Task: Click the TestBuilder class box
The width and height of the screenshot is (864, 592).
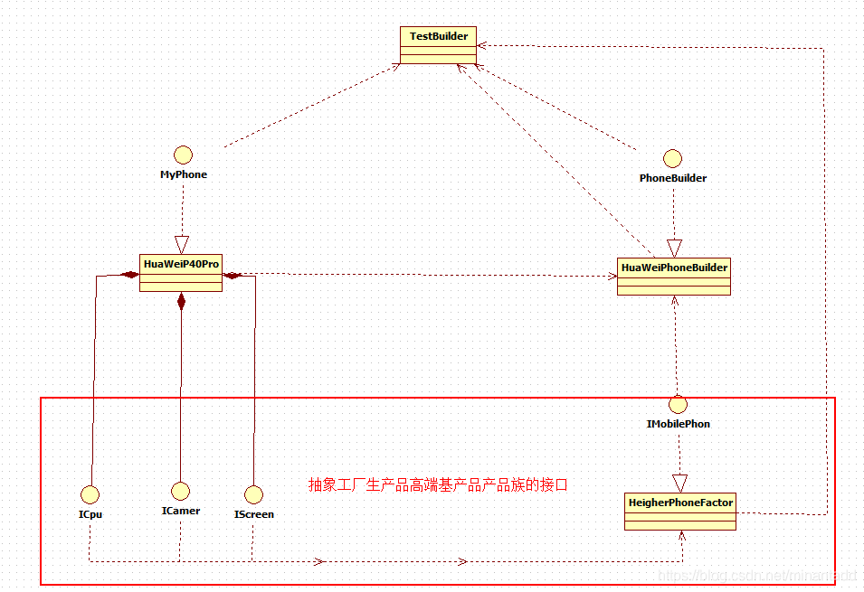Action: (x=438, y=45)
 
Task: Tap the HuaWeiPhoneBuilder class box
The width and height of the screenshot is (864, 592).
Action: (x=673, y=277)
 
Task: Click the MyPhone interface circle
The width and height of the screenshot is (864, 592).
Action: (x=184, y=154)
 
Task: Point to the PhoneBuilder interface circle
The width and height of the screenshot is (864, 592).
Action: (x=672, y=158)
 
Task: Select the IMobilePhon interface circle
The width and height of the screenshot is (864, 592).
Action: (x=679, y=404)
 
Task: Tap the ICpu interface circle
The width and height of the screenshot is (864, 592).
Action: (x=90, y=493)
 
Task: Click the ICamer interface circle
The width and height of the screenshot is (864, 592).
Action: (x=180, y=491)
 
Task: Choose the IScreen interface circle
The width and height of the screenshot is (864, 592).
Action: (x=254, y=493)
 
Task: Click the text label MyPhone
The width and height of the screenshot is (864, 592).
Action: (x=184, y=174)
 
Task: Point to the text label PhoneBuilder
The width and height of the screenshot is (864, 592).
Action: (x=673, y=178)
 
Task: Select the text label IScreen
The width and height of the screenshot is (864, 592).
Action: (x=254, y=514)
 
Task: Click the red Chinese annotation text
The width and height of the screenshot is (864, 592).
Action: (x=438, y=484)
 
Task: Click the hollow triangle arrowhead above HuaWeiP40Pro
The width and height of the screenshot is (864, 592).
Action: (x=182, y=244)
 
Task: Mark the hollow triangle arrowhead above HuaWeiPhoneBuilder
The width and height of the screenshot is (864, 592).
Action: (x=673, y=248)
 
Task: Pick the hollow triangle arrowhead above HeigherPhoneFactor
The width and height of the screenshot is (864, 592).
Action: (x=679, y=483)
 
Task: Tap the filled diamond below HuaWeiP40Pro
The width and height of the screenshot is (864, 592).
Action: (x=181, y=301)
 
